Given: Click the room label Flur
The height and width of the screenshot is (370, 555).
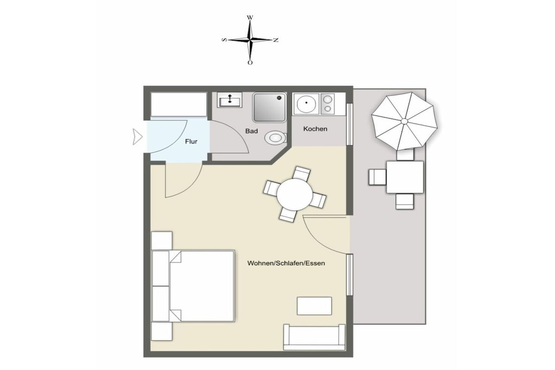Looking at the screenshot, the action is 191,141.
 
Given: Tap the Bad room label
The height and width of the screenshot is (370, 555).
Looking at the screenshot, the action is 251,131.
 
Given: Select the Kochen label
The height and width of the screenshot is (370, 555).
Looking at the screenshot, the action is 315,129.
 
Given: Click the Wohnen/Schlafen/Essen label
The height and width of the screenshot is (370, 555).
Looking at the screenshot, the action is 286,263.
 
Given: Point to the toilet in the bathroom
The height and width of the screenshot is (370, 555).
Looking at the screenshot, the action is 275,137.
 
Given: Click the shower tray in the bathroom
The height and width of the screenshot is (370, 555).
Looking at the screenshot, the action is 269,108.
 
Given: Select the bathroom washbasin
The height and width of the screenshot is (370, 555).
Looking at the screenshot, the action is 229,100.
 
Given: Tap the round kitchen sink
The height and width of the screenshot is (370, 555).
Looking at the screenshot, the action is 306,104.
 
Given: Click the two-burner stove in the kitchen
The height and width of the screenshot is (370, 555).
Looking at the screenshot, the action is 327,104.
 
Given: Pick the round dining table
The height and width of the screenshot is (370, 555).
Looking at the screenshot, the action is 295,194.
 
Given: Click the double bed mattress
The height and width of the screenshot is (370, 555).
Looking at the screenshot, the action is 202,286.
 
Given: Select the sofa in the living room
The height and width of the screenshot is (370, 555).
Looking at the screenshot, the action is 314,337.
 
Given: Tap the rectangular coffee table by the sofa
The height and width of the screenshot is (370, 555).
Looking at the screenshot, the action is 314,306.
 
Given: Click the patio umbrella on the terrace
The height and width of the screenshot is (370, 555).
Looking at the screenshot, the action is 404,121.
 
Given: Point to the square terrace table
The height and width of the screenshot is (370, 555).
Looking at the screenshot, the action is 405,177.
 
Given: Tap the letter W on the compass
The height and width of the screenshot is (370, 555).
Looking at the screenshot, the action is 250,17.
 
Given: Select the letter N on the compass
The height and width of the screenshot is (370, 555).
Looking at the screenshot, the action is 275,40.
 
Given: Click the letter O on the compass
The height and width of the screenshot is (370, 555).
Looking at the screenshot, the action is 250,63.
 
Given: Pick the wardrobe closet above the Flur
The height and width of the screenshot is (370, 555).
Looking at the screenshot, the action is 179,104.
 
